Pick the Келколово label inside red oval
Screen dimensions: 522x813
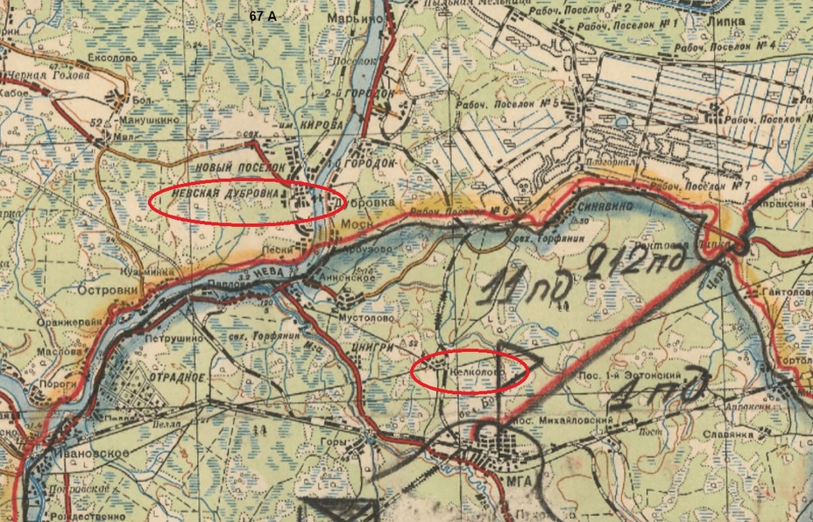476,371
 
